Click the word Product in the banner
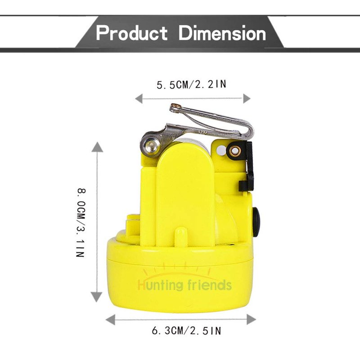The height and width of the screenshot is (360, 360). coord(132,33)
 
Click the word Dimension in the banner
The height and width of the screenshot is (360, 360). coord(222,33)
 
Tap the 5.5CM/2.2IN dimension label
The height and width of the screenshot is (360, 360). coord(192,85)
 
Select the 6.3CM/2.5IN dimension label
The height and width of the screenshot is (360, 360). coord(186,331)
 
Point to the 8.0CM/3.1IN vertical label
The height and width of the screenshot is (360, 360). coord(81,223)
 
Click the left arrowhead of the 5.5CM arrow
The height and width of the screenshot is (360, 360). coord(139,99)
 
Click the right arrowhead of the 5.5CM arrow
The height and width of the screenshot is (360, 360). coord(247,99)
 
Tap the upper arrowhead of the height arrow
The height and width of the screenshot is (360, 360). coord(97,147)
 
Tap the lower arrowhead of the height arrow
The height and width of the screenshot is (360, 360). coord(96,297)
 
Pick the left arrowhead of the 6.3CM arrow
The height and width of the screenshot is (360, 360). coord(110,320)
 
